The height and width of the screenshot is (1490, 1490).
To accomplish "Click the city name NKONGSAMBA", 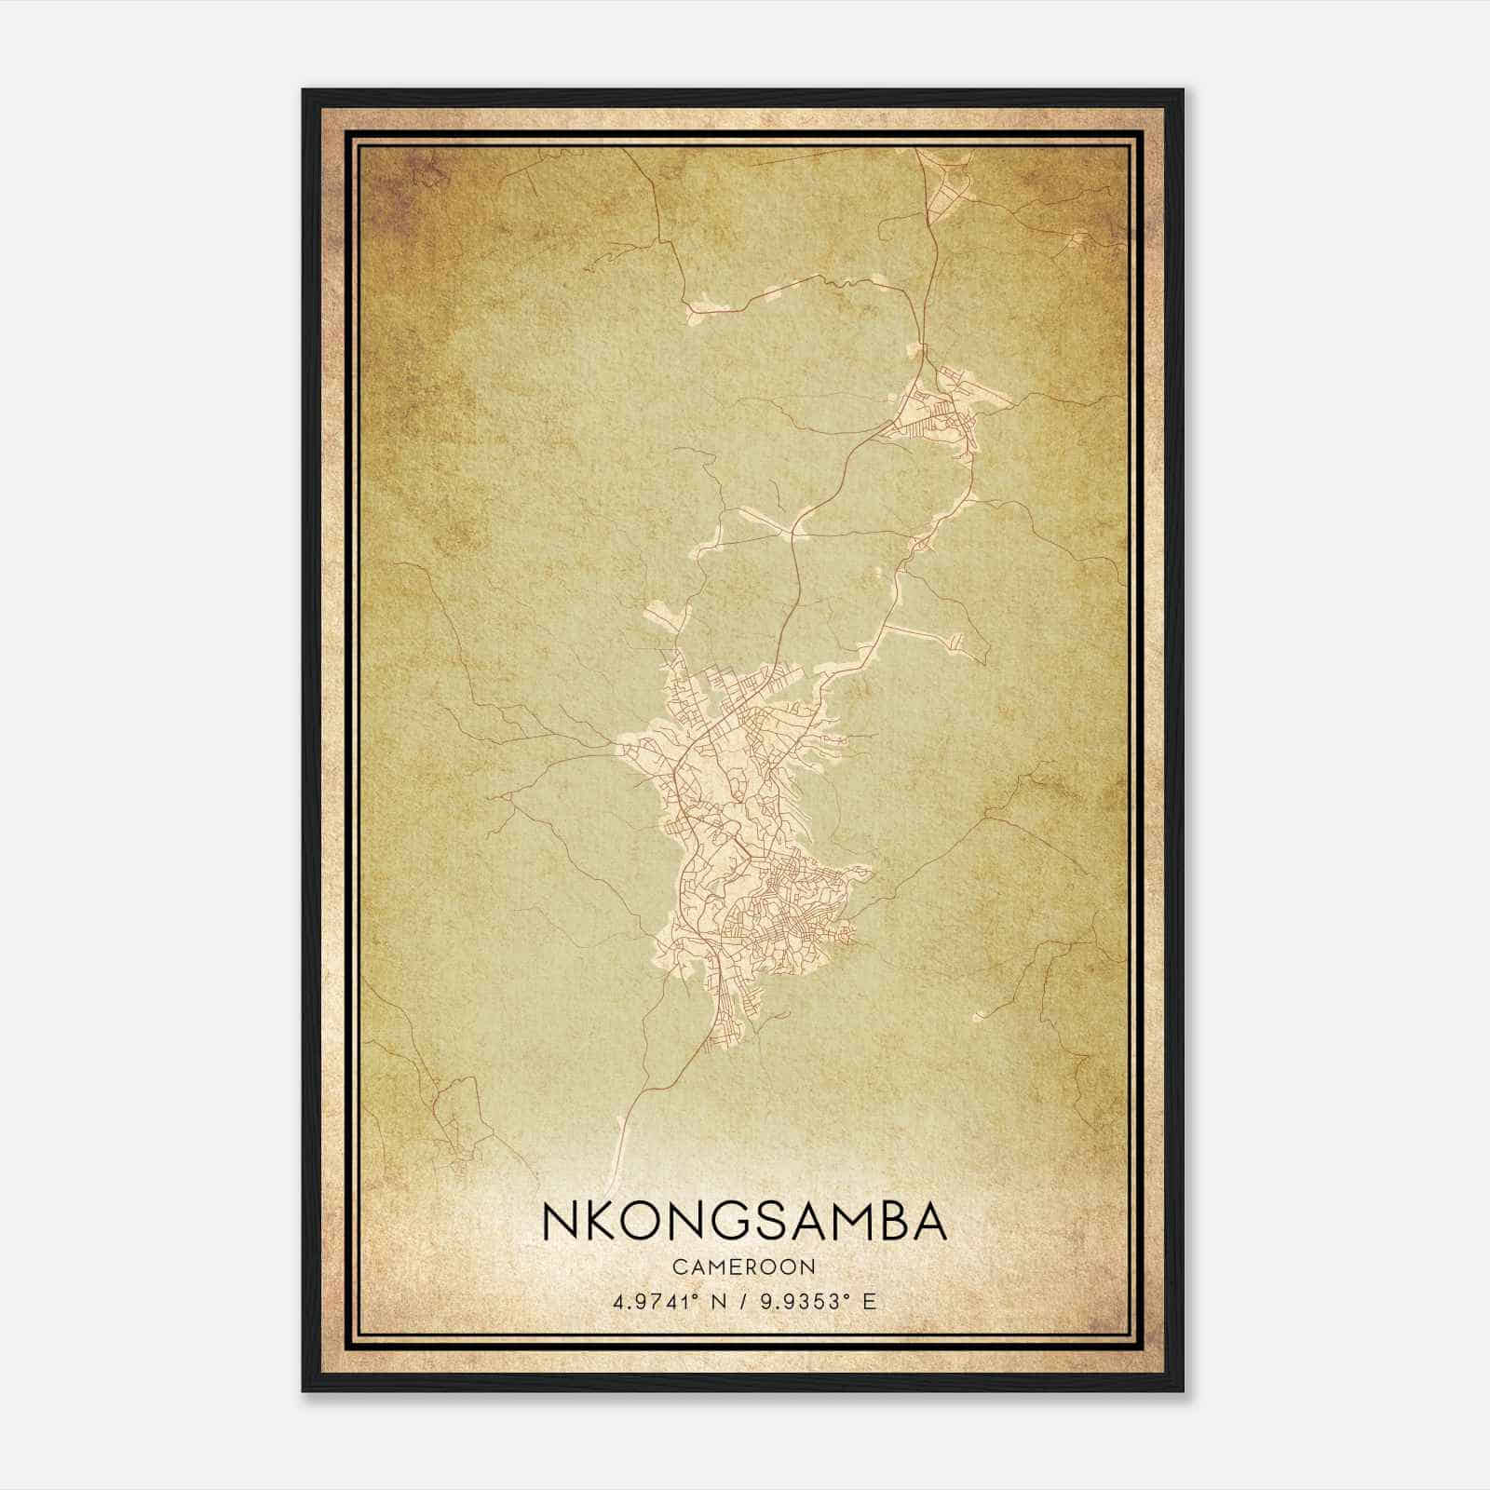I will tap(744, 1223).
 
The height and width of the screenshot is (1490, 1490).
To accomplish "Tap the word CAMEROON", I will tap(744, 1267).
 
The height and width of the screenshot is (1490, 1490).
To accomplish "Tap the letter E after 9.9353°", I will tap(868, 1302).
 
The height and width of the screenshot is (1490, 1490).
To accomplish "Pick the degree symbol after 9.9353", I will tap(841, 1296).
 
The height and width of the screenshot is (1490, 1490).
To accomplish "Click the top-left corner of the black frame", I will tap(304, 90).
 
